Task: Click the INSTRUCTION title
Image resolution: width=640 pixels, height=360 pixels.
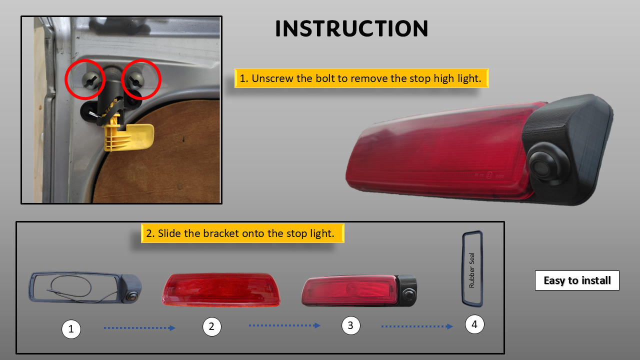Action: [x=351, y=28]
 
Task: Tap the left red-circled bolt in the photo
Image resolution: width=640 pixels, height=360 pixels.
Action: [x=91, y=80]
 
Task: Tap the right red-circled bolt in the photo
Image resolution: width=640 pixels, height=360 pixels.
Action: [x=135, y=80]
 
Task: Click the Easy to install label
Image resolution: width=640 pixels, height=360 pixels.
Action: [x=577, y=280]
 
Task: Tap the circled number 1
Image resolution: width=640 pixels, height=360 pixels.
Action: [x=71, y=329]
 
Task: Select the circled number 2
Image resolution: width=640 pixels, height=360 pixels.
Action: [x=211, y=326]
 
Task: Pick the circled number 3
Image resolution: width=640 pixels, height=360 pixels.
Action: [x=351, y=325]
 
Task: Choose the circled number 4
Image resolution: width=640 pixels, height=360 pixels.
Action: [x=474, y=324]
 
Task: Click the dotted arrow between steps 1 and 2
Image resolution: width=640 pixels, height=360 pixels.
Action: [x=139, y=328]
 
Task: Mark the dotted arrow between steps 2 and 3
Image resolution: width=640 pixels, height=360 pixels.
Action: [x=284, y=325]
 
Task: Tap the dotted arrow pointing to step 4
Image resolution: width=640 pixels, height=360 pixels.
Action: [x=417, y=326]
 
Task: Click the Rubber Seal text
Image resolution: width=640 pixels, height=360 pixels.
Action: [x=471, y=270]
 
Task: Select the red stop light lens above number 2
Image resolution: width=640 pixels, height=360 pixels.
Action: [x=221, y=289]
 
